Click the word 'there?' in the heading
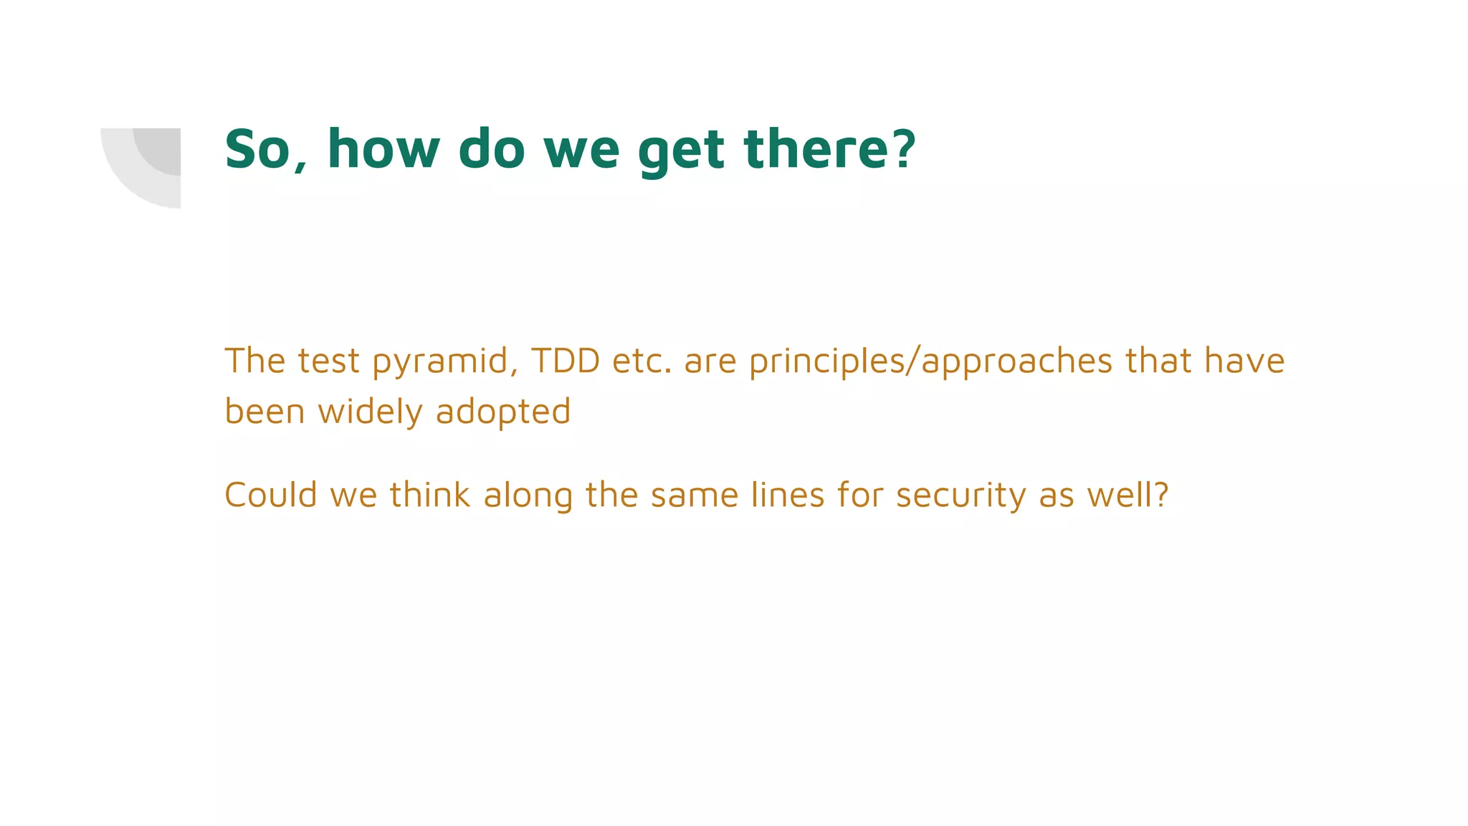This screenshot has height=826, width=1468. click(829, 149)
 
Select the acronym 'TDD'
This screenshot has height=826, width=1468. click(566, 360)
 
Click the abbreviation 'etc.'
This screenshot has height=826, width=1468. click(642, 361)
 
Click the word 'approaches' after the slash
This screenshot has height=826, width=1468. click(1016, 361)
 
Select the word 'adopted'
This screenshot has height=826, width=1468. click(503, 412)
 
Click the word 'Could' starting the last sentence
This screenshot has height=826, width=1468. click(270, 495)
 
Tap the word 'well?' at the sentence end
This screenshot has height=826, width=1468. click(1128, 495)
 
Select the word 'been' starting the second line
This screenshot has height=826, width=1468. click(264, 412)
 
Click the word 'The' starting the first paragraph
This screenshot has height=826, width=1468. click(254, 360)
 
